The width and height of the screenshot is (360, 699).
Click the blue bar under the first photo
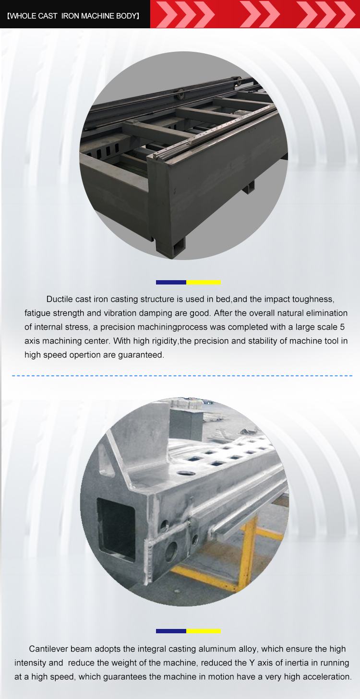click(171, 282)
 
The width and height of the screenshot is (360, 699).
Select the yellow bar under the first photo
click(204, 282)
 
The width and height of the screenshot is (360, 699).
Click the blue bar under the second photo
click(171, 631)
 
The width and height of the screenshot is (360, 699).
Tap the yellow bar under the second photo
click(204, 631)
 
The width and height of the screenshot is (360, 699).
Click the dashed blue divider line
click(182, 376)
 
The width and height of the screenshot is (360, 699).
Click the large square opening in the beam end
click(116, 528)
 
